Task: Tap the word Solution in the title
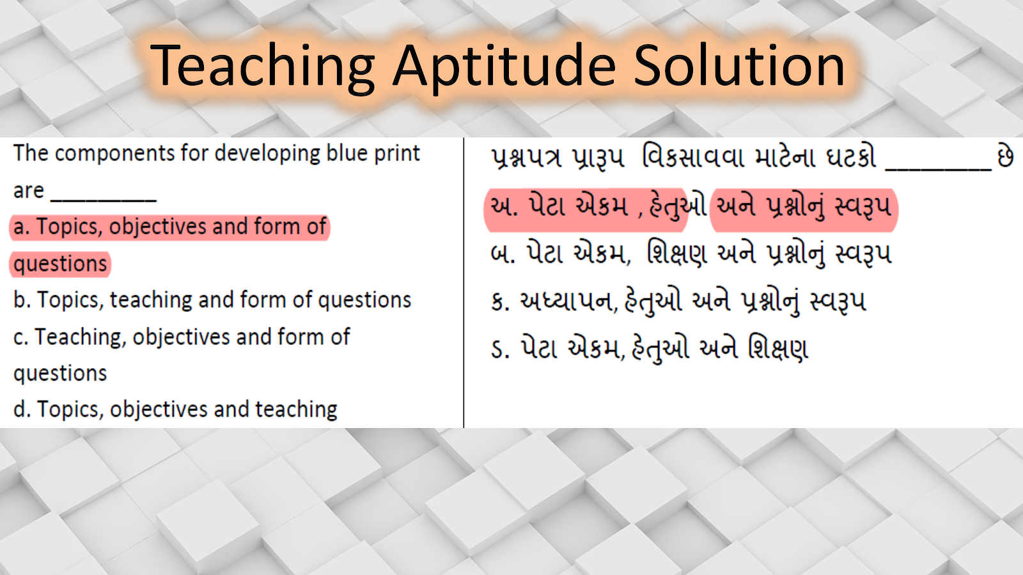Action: click(739, 65)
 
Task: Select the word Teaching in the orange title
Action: click(263, 66)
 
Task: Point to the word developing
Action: click(268, 154)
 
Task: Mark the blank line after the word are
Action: click(104, 200)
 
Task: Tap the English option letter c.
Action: click(20, 338)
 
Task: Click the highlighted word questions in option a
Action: click(60, 264)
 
